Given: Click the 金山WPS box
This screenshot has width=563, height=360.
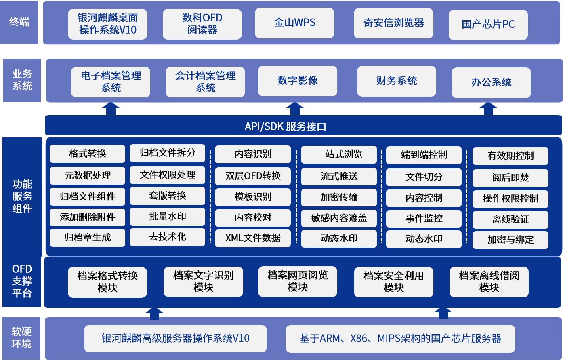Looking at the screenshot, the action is pyautogui.click(x=294, y=23).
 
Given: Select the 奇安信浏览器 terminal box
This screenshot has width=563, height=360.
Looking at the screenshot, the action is pyautogui.click(x=393, y=23).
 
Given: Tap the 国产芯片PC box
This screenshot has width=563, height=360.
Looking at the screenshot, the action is pyautogui.click(x=488, y=25).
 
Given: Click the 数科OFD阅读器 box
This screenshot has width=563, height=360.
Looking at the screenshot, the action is pyautogui.click(x=202, y=24).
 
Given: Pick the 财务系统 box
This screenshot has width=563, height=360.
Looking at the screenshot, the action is pyautogui.click(x=396, y=81).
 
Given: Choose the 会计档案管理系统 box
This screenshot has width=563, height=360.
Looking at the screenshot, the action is pyautogui.click(x=205, y=82).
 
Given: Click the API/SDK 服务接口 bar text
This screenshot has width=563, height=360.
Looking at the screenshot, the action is pyautogui.click(x=285, y=126).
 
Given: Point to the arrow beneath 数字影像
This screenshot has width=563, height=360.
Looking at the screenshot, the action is pyautogui.click(x=295, y=109).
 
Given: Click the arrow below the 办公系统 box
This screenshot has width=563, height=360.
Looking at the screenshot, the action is pyautogui.click(x=488, y=109).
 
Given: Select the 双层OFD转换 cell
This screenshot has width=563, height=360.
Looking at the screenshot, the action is pyautogui.click(x=253, y=176).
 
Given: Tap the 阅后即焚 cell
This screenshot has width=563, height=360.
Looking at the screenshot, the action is pyautogui.click(x=510, y=178).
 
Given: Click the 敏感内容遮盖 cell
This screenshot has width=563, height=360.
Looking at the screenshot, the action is pyautogui.click(x=339, y=218).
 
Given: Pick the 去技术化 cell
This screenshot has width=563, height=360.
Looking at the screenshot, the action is pyautogui.click(x=167, y=237).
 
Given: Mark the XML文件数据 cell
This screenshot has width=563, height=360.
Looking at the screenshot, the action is pyautogui.click(x=253, y=238).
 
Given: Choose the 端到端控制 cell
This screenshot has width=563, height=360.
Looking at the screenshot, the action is pyautogui.click(x=424, y=155).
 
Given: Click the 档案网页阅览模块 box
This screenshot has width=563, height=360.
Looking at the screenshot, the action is pyautogui.click(x=298, y=281).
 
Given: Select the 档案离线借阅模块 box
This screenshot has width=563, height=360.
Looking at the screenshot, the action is pyautogui.click(x=489, y=282).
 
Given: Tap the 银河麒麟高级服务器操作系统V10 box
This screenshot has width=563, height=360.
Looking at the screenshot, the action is pyautogui.click(x=175, y=339).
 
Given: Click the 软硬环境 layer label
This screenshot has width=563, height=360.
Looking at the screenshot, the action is pyautogui.click(x=21, y=338).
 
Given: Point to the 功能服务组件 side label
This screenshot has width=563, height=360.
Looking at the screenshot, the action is pyautogui.click(x=22, y=196).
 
